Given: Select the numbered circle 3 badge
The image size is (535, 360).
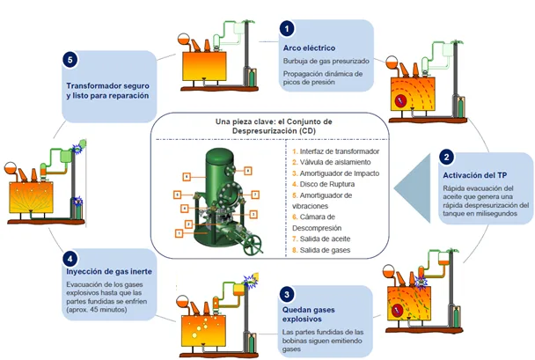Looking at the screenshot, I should point(289,293).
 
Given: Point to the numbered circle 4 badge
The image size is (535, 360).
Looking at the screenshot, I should point(70,258).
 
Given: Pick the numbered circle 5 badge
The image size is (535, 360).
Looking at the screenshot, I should point(71,61).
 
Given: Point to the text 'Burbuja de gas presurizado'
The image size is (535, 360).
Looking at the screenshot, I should point(326,62).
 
